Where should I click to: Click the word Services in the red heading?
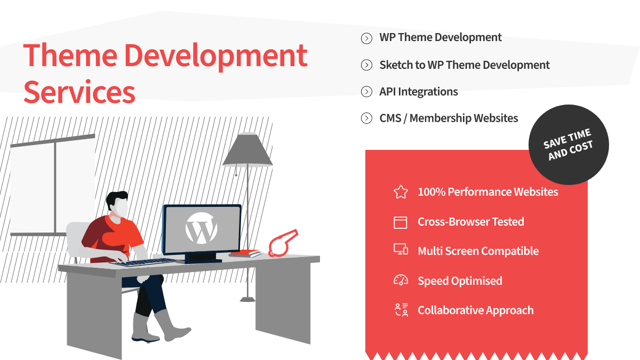coord(79,92)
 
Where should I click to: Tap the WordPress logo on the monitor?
coord(201,228)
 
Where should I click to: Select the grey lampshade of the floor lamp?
coord(247,149)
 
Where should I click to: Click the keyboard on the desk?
coord(143,262)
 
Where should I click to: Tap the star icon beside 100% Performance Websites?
coord(401,191)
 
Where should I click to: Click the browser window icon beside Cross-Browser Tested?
coord(401,222)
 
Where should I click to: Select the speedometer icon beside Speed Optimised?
coord(401,280)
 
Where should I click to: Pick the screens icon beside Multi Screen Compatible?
coord(401,249)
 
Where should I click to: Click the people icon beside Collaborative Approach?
coord(401,310)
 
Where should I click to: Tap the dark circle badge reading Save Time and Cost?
coord(569,145)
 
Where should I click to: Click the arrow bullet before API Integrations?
coord(366,92)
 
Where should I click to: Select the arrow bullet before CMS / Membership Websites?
coord(366,118)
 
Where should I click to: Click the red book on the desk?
coord(246,253)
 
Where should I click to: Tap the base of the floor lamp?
coord(247,299)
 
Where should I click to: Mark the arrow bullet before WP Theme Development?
coord(366,38)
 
